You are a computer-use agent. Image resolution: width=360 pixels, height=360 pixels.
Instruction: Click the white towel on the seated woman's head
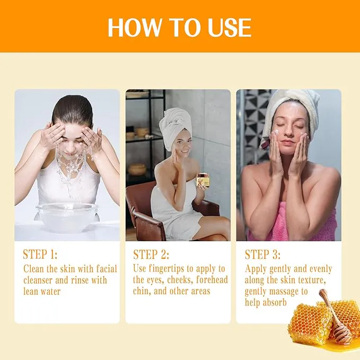click(x=175, y=127)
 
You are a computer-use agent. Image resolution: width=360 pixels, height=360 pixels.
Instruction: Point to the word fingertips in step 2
click(x=169, y=269)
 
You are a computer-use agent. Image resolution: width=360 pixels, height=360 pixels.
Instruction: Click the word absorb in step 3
click(x=275, y=303)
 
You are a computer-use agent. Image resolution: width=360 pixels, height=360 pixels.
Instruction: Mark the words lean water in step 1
click(x=42, y=291)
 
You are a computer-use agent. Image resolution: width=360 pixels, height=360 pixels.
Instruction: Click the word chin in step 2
click(x=143, y=291)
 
